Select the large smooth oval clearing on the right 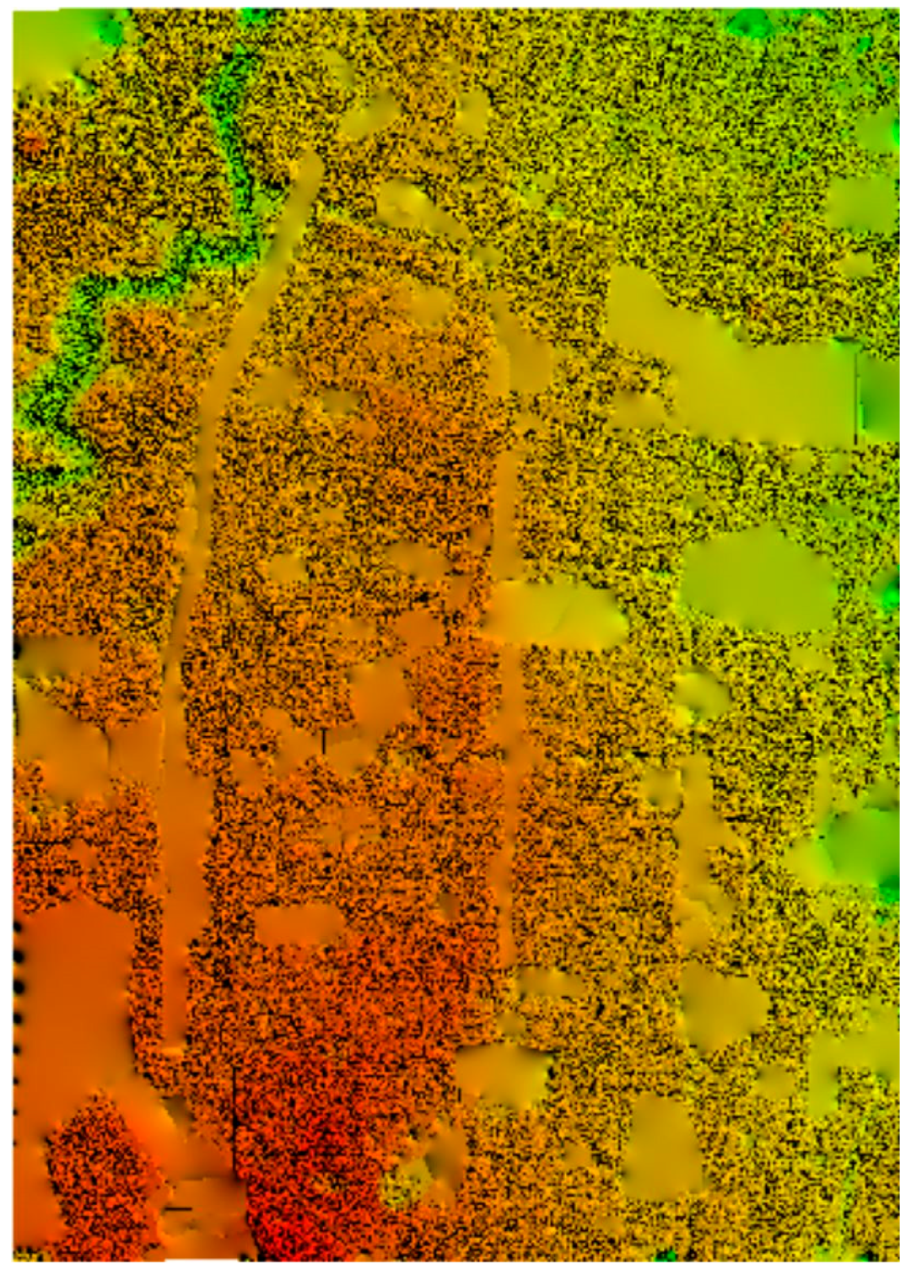click(758, 581)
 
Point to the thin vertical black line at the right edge click(856, 396)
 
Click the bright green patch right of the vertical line click(879, 396)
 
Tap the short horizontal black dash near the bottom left click(179, 1209)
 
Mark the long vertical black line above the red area click(234, 1122)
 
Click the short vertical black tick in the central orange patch click(324, 741)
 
